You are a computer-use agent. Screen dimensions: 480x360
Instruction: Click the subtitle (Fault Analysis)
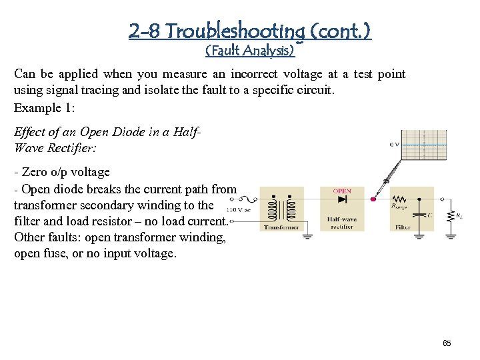click(x=249, y=50)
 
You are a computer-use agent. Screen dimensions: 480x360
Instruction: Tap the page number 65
click(x=447, y=343)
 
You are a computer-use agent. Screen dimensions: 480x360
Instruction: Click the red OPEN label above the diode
click(x=342, y=191)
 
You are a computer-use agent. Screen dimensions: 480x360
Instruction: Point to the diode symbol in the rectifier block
click(x=342, y=199)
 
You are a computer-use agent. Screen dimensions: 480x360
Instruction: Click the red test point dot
click(x=373, y=199)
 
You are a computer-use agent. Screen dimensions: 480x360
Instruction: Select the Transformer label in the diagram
click(x=281, y=227)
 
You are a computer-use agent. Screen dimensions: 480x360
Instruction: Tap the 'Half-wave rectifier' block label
click(x=342, y=223)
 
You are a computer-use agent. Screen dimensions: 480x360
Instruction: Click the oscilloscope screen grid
click(x=425, y=145)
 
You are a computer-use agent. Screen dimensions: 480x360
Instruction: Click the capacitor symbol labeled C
click(x=420, y=215)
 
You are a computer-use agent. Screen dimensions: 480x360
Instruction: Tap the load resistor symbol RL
click(x=451, y=215)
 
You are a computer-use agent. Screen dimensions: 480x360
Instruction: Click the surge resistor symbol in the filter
click(x=399, y=199)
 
